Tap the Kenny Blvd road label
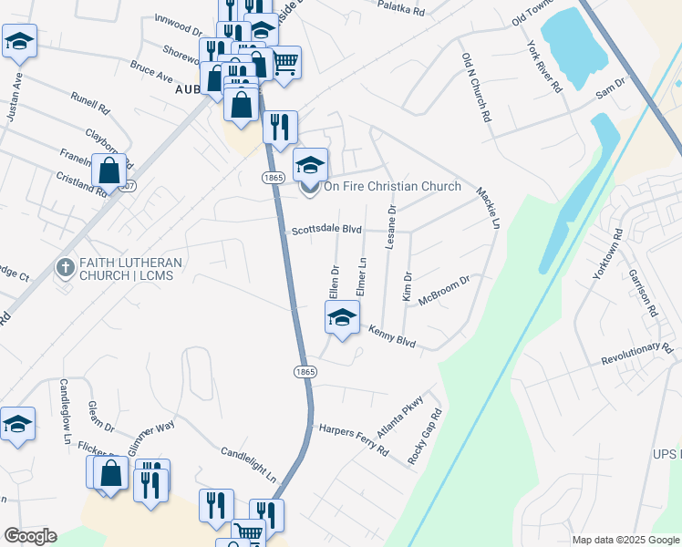(x=392, y=336)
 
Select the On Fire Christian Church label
(x=392, y=187)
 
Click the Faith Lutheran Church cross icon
(x=65, y=268)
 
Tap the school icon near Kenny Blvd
(x=342, y=318)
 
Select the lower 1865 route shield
(x=305, y=371)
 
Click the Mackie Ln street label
(x=490, y=207)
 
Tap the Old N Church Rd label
(x=476, y=88)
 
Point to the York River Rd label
(x=543, y=66)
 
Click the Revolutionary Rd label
(x=636, y=356)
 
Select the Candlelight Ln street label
(x=248, y=465)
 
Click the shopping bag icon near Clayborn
(x=108, y=170)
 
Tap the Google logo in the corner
(x=29, y=536)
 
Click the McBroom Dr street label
(x=443, y=292)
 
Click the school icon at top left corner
(x=18, y=42)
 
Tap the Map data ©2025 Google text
(x=625, y=540)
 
